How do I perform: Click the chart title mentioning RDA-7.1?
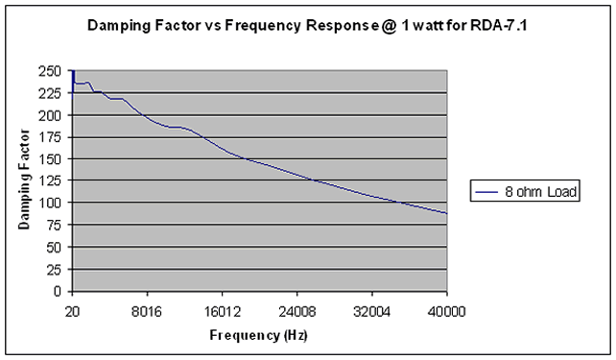point(307,26)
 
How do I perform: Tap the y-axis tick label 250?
point(50,72)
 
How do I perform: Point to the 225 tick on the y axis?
point(50,93)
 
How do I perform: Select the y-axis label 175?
point(50,137)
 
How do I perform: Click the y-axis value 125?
point(50,181)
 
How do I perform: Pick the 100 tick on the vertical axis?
point(50,204)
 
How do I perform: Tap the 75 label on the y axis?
point(54,226)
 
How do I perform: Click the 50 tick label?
point(54,248)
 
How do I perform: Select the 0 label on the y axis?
point(58,291)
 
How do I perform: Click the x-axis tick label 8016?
point(147,312)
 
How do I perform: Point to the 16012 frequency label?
point(222,312)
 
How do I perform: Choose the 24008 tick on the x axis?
point(297,312)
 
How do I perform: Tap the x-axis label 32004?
point(371,312)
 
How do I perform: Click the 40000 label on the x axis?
point(447,312)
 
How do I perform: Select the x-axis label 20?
point(72,312)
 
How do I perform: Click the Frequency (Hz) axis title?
point(258,336)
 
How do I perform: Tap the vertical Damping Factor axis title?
point(24,180)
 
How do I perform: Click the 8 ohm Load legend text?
point(540,191)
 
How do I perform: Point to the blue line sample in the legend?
point(486,192)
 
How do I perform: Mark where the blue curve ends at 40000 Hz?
point(447,213)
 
